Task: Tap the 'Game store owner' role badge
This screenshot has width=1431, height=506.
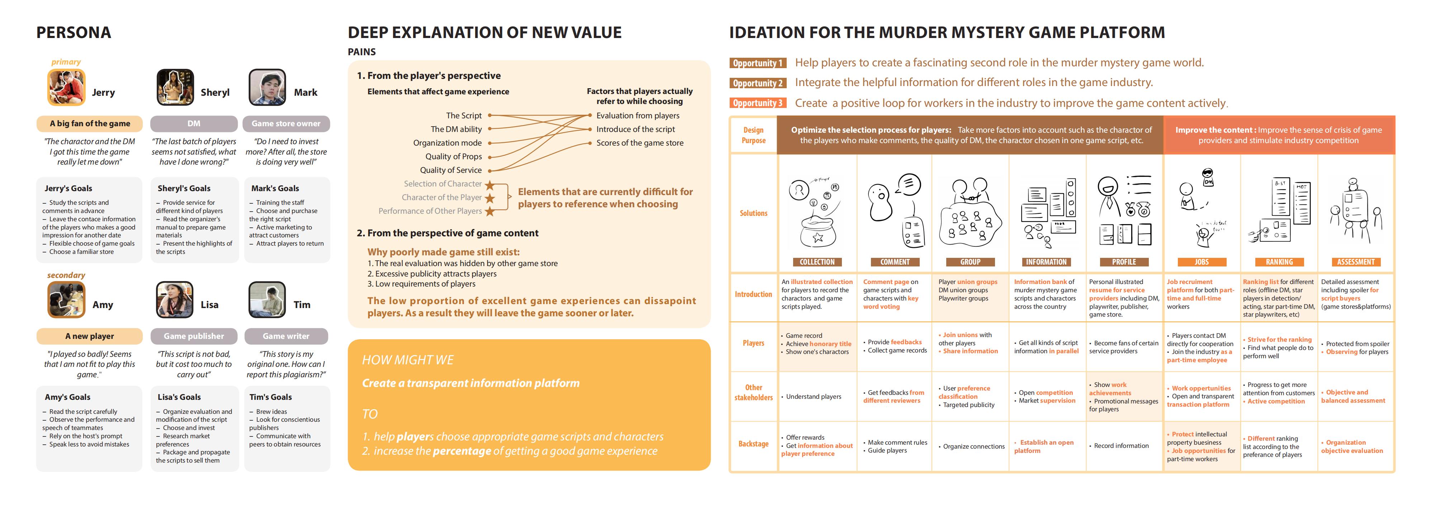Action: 286,123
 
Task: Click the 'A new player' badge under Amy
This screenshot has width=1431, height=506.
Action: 89,336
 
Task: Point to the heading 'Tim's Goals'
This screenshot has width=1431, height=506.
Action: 271,397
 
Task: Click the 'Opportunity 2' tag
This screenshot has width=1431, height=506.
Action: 758,83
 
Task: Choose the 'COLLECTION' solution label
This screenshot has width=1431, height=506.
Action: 817,262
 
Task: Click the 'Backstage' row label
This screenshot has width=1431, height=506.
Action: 753,444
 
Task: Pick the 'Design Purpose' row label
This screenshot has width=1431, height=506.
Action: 753,135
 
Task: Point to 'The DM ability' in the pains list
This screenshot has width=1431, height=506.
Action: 456,129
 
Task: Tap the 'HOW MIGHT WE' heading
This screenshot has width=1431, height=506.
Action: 408,360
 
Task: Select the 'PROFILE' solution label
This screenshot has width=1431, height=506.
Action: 1124,262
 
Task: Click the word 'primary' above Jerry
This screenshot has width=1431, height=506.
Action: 66,62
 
